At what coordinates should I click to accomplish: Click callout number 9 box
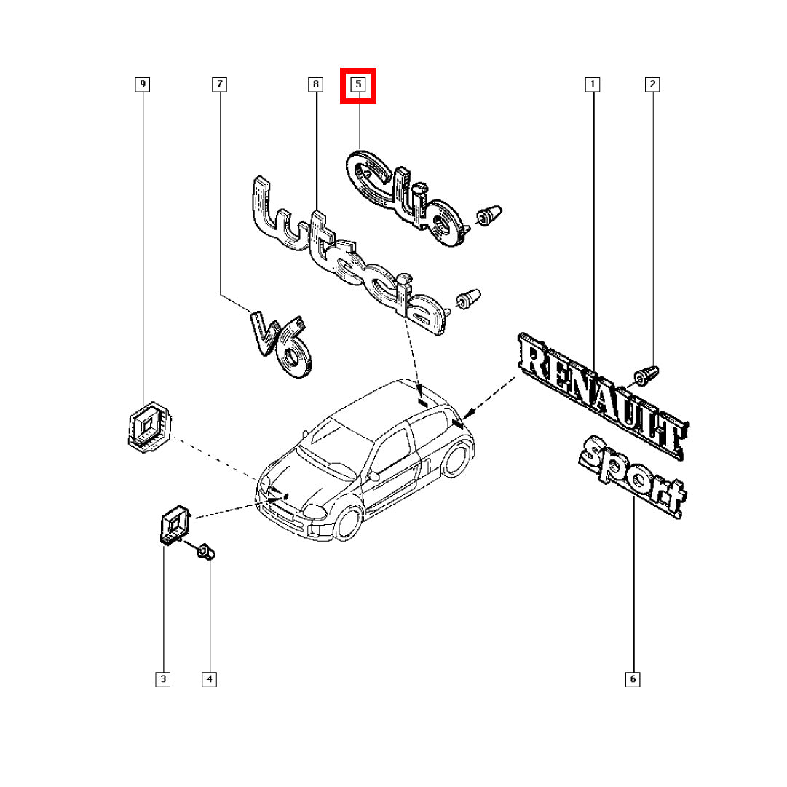coord(143,84)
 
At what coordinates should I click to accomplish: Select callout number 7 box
coord(219,84)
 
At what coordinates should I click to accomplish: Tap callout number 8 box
coord(315,84)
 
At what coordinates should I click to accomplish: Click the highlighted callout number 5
coord(358,84)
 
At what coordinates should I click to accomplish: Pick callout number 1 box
coord(593,84)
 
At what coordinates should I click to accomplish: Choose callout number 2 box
coord(652,84)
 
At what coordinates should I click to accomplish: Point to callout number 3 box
coord(162,679)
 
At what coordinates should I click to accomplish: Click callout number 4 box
coord(209,679)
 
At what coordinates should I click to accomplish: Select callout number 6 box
coord(633,679)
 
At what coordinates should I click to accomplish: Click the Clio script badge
coord(405,197)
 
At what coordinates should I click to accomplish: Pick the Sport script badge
coord(633,477)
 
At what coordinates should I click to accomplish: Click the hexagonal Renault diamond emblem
coord(149,427)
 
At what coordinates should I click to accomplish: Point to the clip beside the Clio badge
coord(489,215)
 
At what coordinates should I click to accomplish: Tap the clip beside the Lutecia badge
coord(468,299)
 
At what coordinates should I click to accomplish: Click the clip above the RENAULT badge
coord(646,376)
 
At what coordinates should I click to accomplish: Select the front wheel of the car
coord(348,523)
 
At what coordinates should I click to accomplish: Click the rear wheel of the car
coord(455,458)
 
